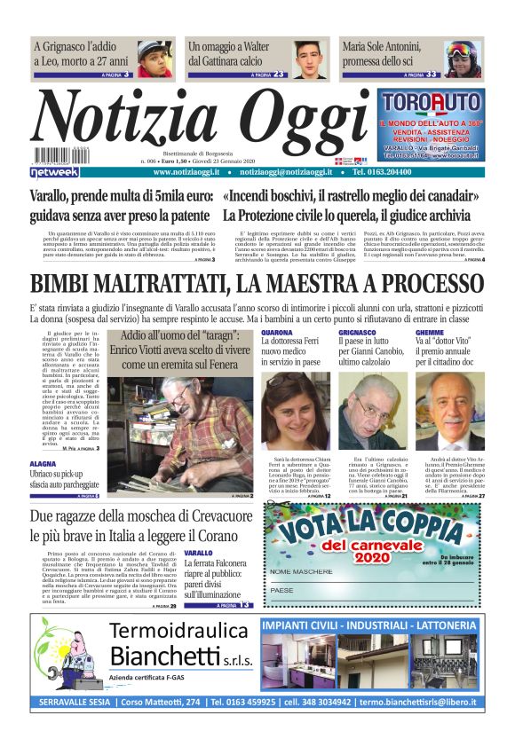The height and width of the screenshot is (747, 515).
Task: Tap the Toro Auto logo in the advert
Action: click(x=430, y=103)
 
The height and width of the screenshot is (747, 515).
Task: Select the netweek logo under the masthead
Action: click(x=56, y=171)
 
